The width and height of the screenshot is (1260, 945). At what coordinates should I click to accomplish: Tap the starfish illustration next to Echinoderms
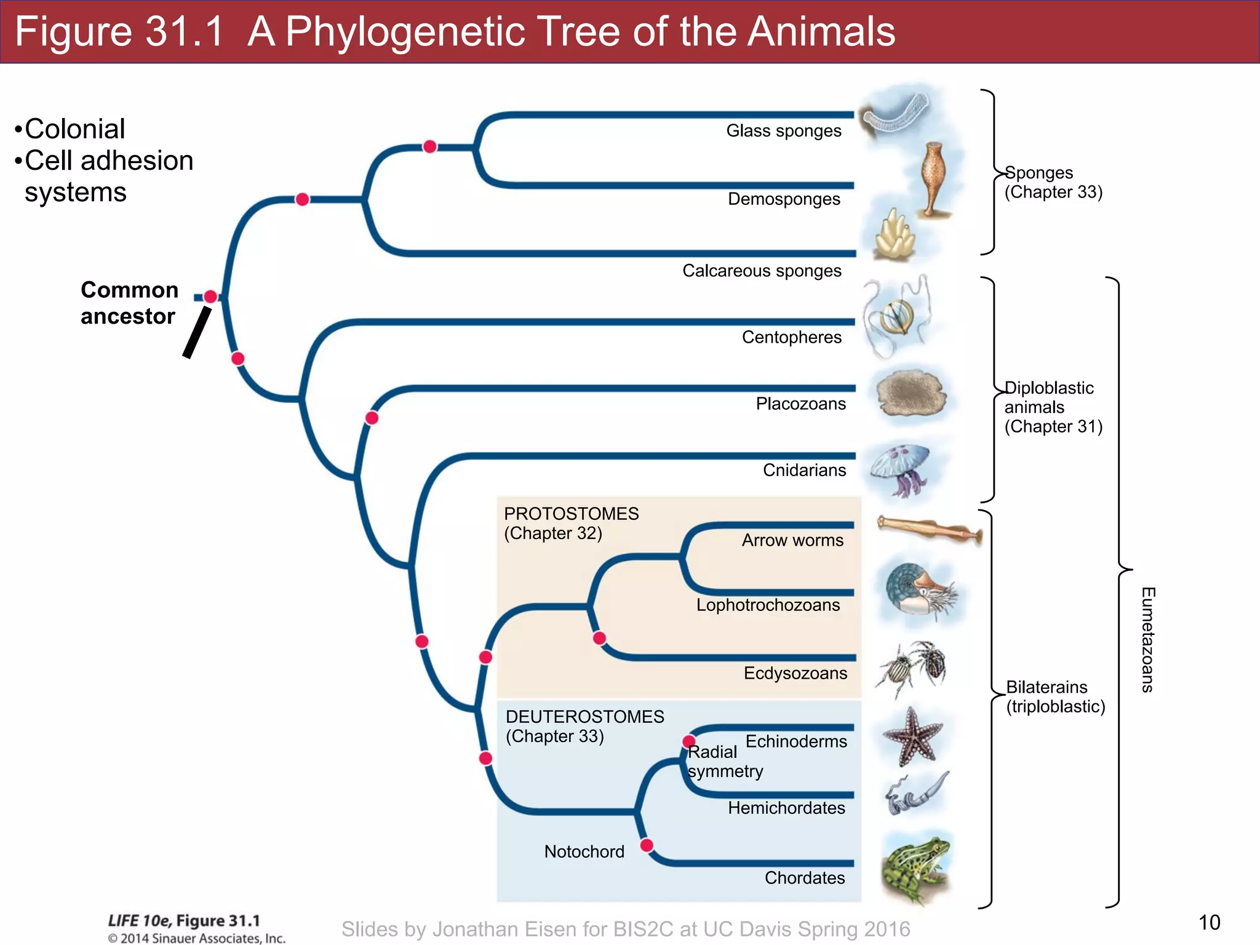point(913,737)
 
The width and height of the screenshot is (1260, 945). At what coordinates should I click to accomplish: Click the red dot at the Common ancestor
point(210,297)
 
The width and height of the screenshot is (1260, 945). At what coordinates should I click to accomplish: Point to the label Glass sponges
point(783,131)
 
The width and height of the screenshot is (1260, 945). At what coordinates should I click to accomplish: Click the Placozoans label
point(800,404)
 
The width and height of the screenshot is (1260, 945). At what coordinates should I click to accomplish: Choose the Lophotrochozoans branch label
point(768,605)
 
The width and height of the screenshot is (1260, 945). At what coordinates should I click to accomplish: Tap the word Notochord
point(584,851)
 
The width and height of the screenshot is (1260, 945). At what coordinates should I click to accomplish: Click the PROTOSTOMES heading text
point(571,514)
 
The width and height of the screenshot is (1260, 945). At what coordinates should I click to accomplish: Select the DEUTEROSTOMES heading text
point(584,717)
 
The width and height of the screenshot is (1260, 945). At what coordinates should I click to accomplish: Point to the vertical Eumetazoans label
point(1147,640)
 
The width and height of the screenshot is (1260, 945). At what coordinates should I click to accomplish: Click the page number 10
point(1209,922)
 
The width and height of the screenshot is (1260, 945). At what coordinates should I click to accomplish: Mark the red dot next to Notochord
point(647,845)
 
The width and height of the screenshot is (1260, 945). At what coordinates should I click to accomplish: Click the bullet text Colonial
point(74,129)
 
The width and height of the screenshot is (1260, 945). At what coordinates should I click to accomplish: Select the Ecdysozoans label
point(795,673)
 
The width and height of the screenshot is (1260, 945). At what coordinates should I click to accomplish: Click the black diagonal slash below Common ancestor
point(197,332)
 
